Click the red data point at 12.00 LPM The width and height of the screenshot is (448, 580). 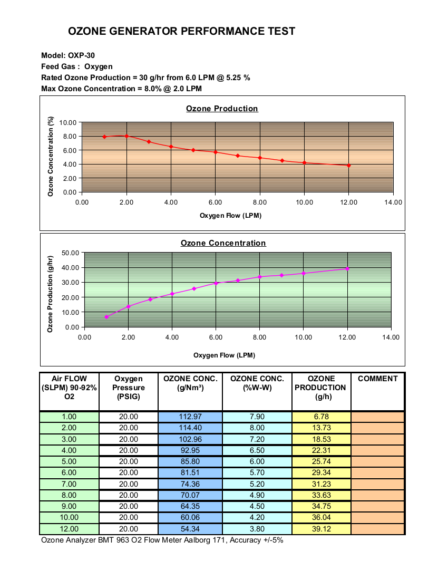point(348,166)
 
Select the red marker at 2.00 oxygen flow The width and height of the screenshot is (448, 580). point(126,136)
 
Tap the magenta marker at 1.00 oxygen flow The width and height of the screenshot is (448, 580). point(106,317)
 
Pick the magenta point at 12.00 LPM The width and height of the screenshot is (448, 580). point(347,269)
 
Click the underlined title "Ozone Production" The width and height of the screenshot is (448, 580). point(222,109)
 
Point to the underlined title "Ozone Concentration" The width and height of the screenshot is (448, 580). point(223,243)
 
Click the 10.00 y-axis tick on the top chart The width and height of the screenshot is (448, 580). point(67,122)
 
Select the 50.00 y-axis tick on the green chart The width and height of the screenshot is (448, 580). point(70,253)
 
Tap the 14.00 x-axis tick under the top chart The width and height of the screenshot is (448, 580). point(393,202)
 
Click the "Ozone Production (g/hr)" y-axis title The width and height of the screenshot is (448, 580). point(50,294)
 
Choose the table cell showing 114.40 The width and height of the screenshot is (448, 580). point(190,428)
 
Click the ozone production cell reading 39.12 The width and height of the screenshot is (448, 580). point(321,529)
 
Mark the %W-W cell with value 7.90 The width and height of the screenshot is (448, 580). point(257,417)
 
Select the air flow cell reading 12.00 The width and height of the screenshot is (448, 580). point(69,529)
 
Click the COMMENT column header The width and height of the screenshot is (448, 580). point(377,379)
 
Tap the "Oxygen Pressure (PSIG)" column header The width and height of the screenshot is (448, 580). point(128,388)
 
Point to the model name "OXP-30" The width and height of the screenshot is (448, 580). point(81,55)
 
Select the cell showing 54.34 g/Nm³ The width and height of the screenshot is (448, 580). point(190,529)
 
